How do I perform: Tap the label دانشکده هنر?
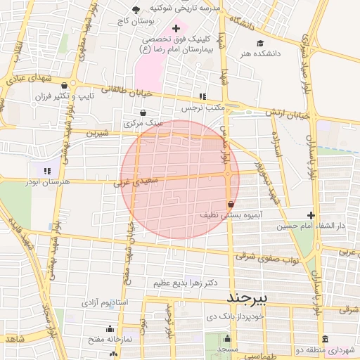(x=259, y=53)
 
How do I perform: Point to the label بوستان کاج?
(x=138, y=21)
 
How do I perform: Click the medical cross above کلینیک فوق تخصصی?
(x=176, y=27)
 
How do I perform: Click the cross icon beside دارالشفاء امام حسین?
(x=311, y=215)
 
